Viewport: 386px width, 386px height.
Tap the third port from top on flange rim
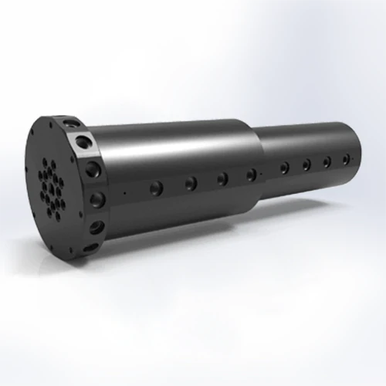click(93, 168)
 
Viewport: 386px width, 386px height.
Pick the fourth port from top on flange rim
click(98, 199)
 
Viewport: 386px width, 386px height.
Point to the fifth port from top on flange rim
click(96, 228)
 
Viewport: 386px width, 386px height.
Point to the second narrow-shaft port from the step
click(306, 164)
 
